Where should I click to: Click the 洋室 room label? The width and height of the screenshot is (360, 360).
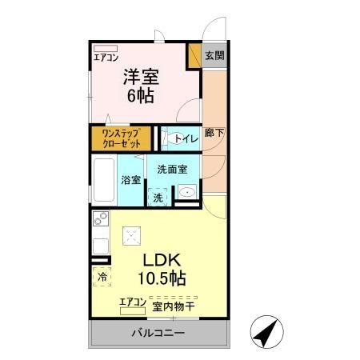coord(141,77)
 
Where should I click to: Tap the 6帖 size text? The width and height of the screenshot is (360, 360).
coord(141,95)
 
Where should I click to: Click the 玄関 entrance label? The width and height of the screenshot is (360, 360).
coord(214,56)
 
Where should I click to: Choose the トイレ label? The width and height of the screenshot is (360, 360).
coord(186,138)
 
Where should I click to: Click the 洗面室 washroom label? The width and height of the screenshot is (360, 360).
coord(172,170)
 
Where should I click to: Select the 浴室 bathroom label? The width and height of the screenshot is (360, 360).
coord(130,180)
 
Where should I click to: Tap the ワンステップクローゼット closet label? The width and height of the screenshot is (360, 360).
coord(122,138)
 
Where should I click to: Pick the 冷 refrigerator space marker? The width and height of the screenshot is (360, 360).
coord(102,276)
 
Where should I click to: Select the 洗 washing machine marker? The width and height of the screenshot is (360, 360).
coord(158,197)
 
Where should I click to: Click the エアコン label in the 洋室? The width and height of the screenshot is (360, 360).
coord(106,58)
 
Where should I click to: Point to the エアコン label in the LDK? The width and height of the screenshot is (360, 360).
coord(132,302)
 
